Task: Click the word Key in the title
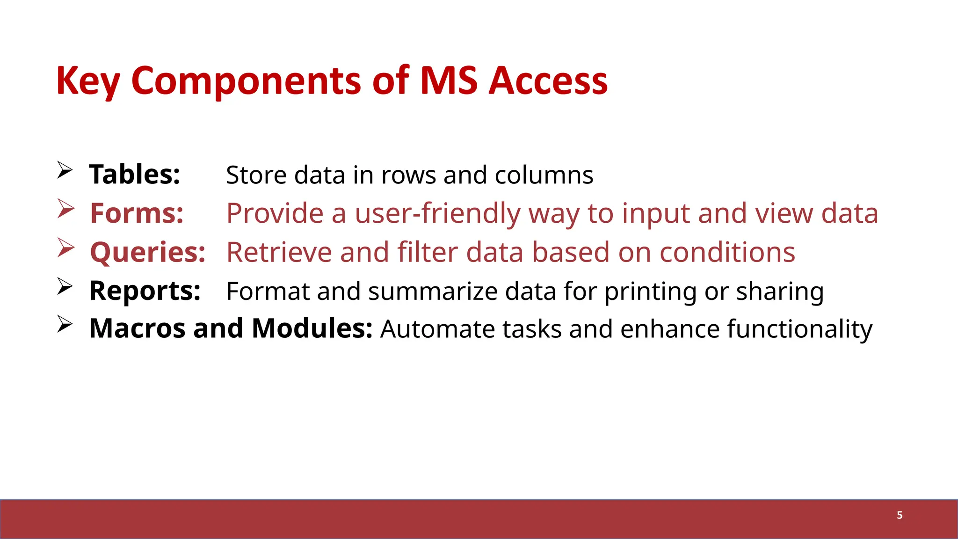click(88, 81)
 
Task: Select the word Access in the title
click(548, 81)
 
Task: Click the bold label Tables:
click(135, 175)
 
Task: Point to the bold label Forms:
click(137, 213)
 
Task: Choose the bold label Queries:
click(147, 252)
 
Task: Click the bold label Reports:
click(145, 291)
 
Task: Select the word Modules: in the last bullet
click(312, 328)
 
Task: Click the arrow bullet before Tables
click(65, 170)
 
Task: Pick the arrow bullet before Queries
click(66, 248)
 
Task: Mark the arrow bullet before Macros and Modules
click(65, 324)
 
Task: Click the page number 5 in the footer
click(900, 515)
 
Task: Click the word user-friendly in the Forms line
click(437, 214)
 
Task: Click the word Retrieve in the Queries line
click(279, 252)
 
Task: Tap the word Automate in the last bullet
click(437, 329)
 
